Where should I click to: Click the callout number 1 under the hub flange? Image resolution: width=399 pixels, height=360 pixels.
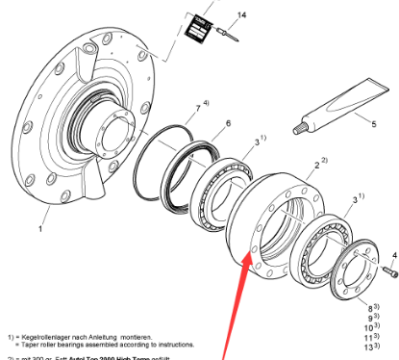[40, 230]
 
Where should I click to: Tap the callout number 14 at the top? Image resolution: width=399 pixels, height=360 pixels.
[241, 14]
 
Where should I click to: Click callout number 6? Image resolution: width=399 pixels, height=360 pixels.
[227, 124]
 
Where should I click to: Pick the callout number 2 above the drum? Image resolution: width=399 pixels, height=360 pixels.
[310, 164]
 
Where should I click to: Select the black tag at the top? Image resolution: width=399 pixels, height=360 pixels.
[197, 26]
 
